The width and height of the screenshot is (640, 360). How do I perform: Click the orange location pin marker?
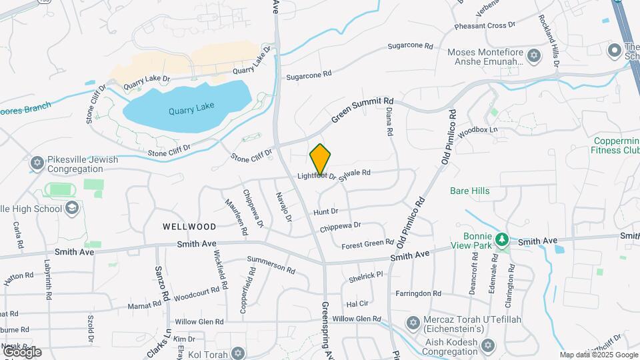pyautogui.click(x=321, y=159)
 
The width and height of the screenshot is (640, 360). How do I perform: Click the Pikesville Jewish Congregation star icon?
pyautogui.click(x=37, y=163)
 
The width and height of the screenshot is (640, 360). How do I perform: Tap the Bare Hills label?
pyautogui.click(x=488, y=191)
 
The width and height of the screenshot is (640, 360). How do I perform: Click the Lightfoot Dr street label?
pyautogui.click(x=317, y=176)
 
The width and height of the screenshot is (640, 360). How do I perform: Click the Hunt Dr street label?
pyautogui.click(x=326, y=211)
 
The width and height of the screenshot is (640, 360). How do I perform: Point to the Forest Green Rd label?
pyautogui.click(x=368, y=245)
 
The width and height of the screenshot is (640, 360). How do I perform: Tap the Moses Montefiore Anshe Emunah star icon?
pyautogui.click(x=533, y=56)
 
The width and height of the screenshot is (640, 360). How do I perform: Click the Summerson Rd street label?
pyautogui.click(x=271, y=265)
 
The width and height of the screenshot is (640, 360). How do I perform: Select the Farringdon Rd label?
pyautogui.click(x=418, y=293)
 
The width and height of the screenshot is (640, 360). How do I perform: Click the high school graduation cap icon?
pyautogui.click(x=71, y=208)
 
